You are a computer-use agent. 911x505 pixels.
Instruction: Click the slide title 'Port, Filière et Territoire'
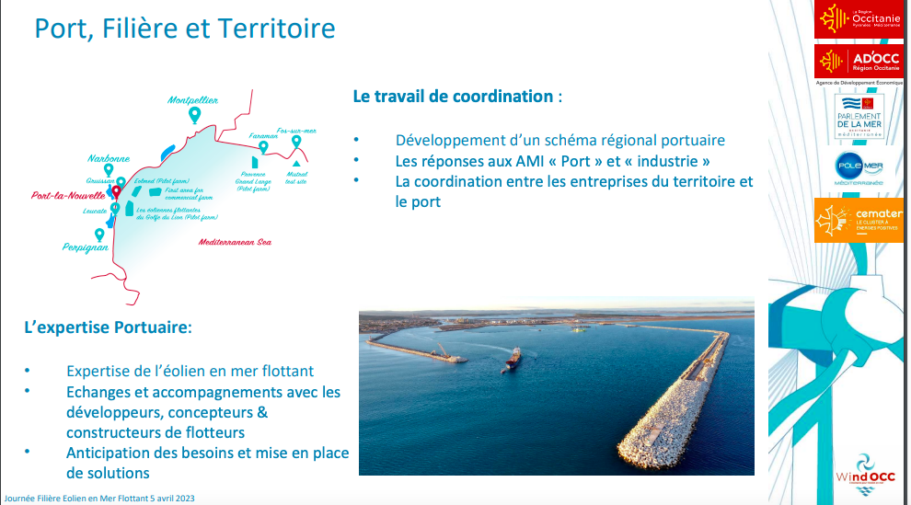(x=184, y=29)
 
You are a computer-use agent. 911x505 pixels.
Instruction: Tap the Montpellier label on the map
(x=193, y=99)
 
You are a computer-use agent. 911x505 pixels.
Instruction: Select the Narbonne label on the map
(x=109, y=158)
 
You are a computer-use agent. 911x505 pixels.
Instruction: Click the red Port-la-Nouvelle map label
(x=70, y=196)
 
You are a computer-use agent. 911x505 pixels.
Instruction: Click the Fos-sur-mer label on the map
(x=296, y=131)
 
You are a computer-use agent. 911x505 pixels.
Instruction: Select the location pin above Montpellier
(x=194, y=115)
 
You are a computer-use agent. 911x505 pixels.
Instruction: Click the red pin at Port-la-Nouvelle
(x=116, y=190)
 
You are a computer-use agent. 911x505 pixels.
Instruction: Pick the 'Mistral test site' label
(x=296, y=177)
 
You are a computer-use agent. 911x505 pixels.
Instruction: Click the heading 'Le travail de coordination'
(x=454, y=96)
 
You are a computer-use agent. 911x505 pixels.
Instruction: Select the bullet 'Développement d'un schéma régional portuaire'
(x=559, y=141)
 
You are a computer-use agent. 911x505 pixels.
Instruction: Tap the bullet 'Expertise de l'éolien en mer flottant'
(x=190, y=371)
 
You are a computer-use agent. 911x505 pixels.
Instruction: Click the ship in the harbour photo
(x=513, y=359)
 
